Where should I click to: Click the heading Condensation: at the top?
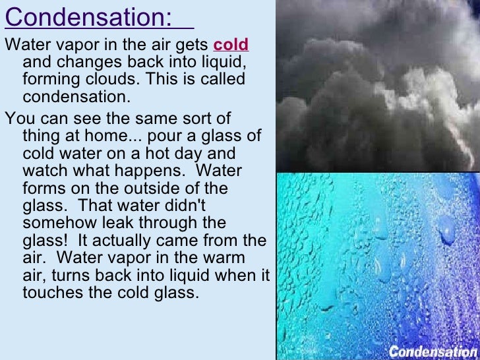[88, 18]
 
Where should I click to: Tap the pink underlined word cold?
[231, 45]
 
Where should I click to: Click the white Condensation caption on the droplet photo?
[432, 351]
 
